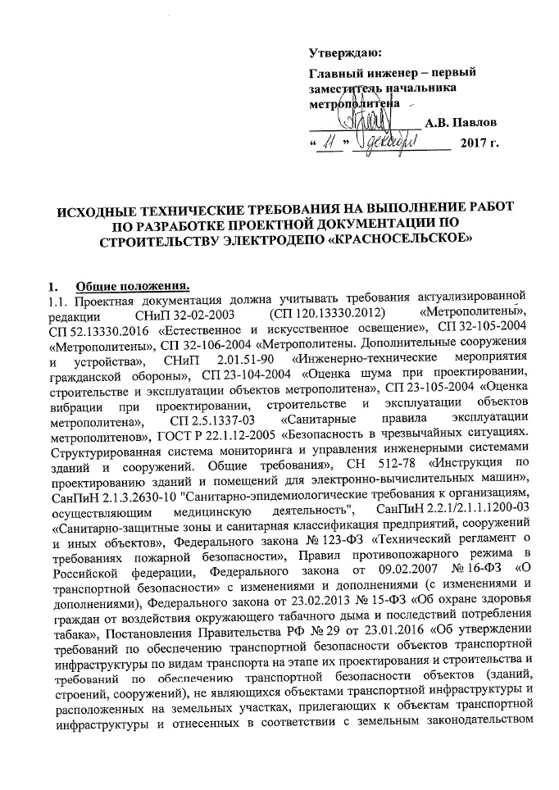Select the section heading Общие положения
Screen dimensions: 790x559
131,286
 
